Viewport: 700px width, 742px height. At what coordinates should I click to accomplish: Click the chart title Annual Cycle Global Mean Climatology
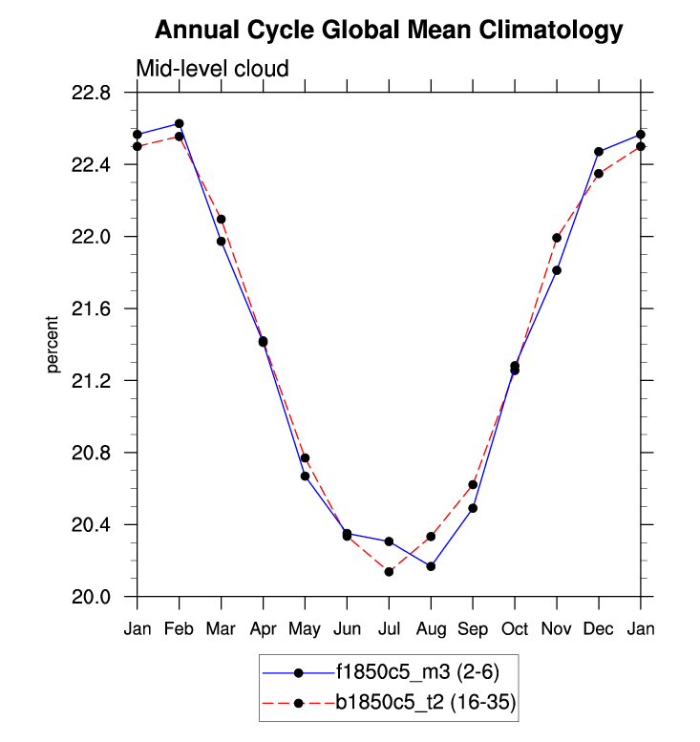388,31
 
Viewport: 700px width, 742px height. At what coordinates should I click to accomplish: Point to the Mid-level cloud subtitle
212,69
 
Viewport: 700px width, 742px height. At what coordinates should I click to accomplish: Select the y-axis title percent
53,345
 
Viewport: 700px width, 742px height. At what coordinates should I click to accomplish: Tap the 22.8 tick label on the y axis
91,94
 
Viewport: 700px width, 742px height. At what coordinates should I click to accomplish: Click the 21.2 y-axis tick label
91,381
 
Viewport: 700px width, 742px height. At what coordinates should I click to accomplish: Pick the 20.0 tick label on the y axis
91,597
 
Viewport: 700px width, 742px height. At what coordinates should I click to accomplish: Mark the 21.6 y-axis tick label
91,309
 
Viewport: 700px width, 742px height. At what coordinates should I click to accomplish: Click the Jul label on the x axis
389,628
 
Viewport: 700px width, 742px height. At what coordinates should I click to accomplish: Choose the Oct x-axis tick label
515,628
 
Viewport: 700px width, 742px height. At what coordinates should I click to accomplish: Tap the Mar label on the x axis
221,628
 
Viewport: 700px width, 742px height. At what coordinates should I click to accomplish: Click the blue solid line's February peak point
179,123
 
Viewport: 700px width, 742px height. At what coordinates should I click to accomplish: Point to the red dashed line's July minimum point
389,572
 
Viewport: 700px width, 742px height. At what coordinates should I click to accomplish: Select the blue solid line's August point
431,566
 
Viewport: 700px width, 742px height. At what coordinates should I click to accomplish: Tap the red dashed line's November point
557,238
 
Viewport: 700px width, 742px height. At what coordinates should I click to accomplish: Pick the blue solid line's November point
557,270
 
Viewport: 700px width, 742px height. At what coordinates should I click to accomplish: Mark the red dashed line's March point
221,219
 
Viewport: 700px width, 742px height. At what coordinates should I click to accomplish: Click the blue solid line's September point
473,508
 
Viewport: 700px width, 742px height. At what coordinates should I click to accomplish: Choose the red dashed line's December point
599,174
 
